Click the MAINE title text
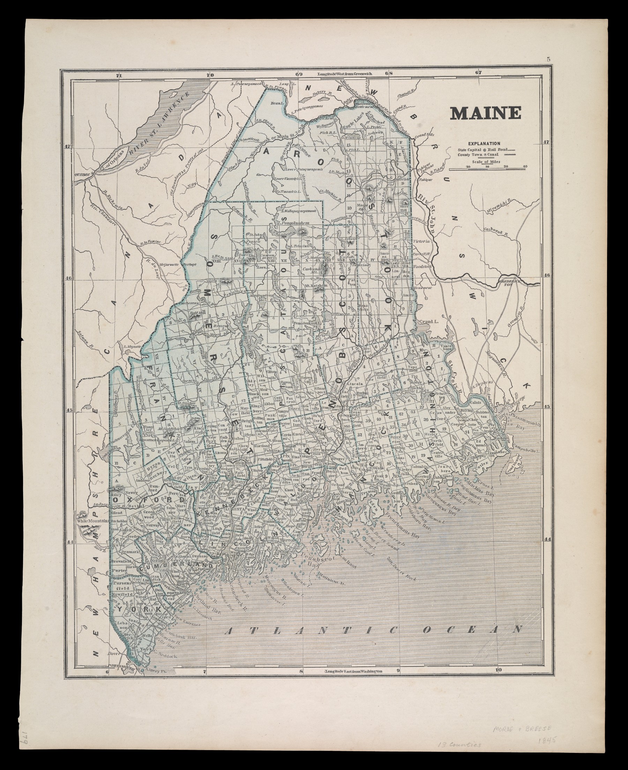[485, 113]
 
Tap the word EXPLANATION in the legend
[484, 144]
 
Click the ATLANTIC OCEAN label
[373, 630]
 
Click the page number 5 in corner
[549, 60]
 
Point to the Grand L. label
[426, 322]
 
